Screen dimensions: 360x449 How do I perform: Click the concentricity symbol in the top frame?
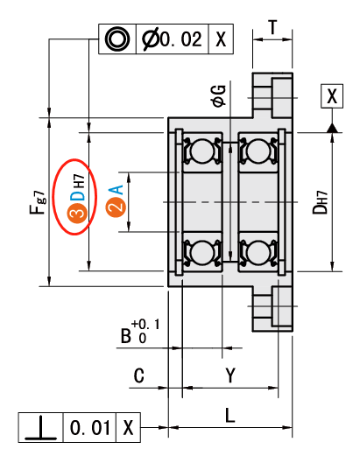117,39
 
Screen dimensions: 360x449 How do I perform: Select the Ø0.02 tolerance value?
172,39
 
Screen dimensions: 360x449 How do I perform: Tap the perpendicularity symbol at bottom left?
40,427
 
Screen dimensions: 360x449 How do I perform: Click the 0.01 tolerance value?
90,428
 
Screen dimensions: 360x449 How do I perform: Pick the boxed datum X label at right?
332,96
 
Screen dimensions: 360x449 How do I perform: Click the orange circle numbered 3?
77,214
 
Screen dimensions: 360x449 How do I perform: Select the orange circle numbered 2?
116,207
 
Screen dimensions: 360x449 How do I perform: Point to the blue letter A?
116,190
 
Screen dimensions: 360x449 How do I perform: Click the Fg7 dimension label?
38,202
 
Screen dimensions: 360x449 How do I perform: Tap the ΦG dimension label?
218,96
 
